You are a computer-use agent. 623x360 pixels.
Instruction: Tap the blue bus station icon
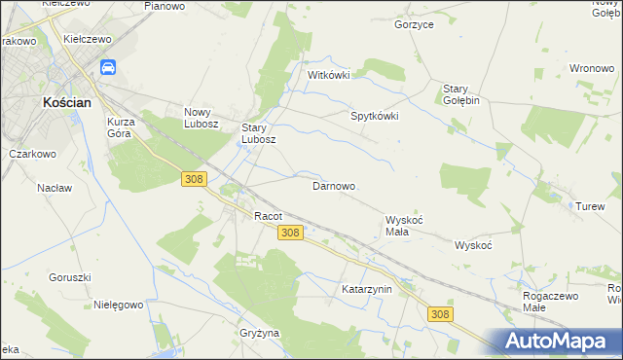[x=108, y=67]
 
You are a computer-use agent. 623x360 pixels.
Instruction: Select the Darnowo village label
[x=333, y=185]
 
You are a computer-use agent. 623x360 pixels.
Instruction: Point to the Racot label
[x=268, y=216]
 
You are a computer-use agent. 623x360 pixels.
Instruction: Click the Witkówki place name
[x=328, y=75]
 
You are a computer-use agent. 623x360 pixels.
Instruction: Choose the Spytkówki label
[x=375, y=115]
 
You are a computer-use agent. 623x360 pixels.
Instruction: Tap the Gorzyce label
[x=414, y=24]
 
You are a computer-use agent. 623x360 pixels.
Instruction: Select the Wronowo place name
[x=591, y=69]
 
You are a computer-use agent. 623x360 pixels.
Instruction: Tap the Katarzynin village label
[x=366, y=289]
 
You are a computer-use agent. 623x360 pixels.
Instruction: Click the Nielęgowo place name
[x=119, y=304]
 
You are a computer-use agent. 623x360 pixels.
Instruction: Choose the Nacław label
[x=55, y=187]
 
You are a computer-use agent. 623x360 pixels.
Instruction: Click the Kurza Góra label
[x=125, y=127]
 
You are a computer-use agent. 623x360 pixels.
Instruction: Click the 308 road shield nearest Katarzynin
[x=440, y=312]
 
